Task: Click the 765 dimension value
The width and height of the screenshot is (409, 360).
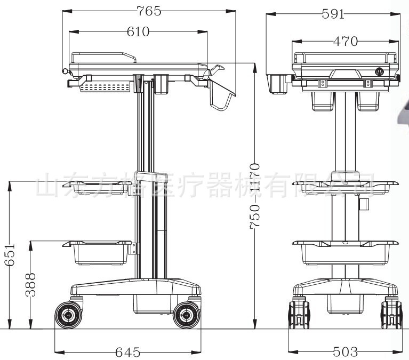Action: pos(149,10)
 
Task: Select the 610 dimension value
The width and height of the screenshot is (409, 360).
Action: pos(138,32)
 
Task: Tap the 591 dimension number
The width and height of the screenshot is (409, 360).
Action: pos(333,14)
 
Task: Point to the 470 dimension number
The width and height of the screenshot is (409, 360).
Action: pos(345,41)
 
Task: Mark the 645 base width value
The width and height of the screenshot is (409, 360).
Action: pos(127,352)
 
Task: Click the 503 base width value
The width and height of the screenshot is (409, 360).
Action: pos(345,351)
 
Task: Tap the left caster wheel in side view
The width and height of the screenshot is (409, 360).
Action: pos(69,315)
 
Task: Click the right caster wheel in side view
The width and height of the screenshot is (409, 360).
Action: pos(186,315)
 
